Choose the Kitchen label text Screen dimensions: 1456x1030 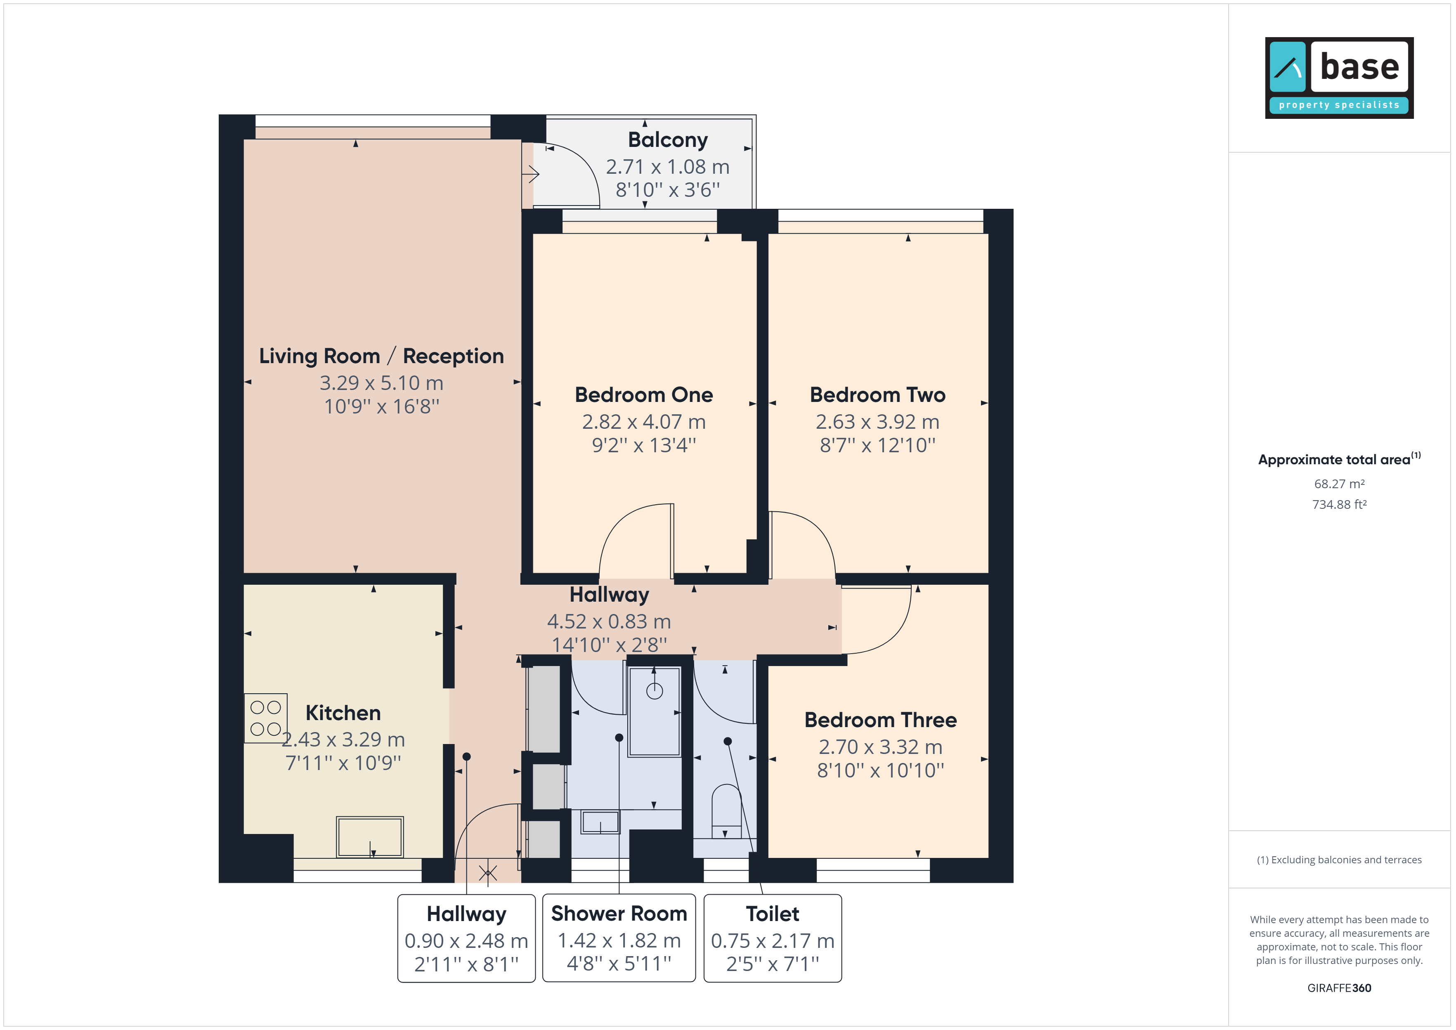pos(343,713)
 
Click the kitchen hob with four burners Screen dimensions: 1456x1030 pos(266,718)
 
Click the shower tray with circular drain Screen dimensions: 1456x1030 pos(655,711)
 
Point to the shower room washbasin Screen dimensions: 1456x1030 pos(600,822)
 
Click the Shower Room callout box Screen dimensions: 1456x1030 pos(619,938)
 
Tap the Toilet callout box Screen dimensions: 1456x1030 pos(773,938)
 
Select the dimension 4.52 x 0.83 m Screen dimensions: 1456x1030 pos(609,621)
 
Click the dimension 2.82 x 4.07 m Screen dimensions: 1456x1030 pos(644,422)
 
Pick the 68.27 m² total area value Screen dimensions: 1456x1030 pos(1339,484)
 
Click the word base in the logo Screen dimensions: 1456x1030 pos(1359,66)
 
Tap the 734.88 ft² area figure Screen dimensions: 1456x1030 pos(1339,505)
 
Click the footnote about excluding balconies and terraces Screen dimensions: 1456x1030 pos(1339,860)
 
